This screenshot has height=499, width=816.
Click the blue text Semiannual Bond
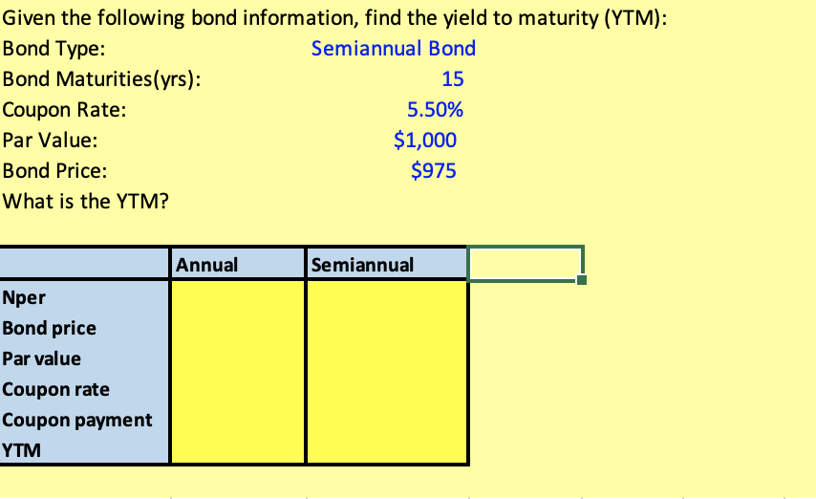click(x=394, y=49)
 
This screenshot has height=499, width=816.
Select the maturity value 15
click(x=452, y=79)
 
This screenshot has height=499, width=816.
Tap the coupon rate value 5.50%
click(x=435, y=110)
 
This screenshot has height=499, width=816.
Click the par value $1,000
click(x=425, y=141)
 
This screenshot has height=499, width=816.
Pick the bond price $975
click(x=434, y=171)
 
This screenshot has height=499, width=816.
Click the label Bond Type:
click(x=54, y=49)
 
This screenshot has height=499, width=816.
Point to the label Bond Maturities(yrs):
click(x=101, y=79)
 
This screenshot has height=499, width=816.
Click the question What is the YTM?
click(x=86, y=202)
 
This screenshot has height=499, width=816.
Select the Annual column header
click(x=206, y=265)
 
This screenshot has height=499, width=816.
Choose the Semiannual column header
click(x=362, y=265)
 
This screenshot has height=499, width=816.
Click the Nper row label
click(x=24, y=298)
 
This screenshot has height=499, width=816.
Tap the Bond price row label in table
click(x=50, y=328)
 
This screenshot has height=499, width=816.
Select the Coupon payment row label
click(x=77, y=420)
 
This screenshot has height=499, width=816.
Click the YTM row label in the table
click(x=21, y=450)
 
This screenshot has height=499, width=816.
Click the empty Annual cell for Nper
click(x=237, y=297)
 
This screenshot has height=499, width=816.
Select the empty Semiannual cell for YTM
click(x=387, y=450)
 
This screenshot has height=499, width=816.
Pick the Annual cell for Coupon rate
click(x=237, y=389)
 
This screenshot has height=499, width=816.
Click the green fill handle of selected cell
click(x=582, y=280)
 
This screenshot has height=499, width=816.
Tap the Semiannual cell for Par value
click(x=387, y=358)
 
